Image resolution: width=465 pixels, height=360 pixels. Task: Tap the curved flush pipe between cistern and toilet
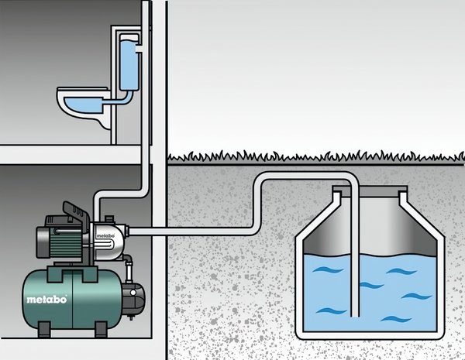[118, 97]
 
